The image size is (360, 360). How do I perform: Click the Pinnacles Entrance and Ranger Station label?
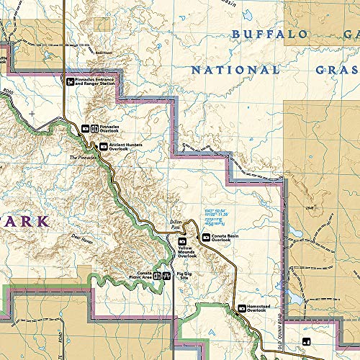(x=95, y=81)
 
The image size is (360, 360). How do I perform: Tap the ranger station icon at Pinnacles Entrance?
(x=70, y=81)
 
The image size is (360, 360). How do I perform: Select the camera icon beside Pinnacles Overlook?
(x=85, y=128)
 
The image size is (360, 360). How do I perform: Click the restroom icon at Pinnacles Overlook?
(x=94, y=128)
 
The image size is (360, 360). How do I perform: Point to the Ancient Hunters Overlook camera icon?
(x=103, y=146)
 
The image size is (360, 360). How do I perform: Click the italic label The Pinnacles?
(x=82, y=158)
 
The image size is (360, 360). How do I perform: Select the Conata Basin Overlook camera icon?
(x=206, y=237)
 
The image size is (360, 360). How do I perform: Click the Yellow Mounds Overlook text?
(x=186, y=252)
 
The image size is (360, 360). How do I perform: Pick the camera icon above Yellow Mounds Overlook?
(x=182, y=241)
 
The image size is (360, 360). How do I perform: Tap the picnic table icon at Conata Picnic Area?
(x=166, y=275)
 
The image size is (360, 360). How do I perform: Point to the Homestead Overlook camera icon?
(x=242, y=309)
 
